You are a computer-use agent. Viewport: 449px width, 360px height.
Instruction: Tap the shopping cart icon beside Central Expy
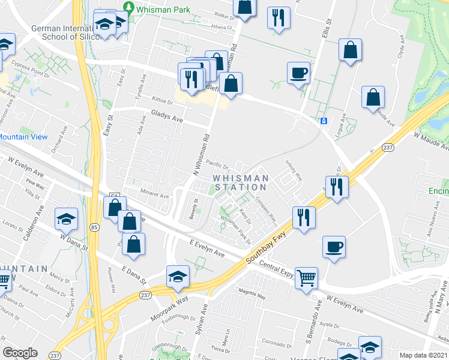(x=306, y=277)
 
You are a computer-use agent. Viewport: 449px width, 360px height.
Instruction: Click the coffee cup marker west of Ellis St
(x=298, y=73)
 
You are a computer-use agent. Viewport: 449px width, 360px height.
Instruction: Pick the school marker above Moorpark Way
(x=178, y=277)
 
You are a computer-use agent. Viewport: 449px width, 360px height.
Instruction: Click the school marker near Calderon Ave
(x=66, y=219)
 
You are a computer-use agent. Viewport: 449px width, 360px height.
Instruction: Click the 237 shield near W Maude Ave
(x=387, y=148)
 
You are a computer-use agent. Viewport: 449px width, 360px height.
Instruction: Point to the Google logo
(x=20, y=353)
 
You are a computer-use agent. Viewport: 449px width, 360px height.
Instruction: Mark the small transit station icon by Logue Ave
(x=324, y=121)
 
